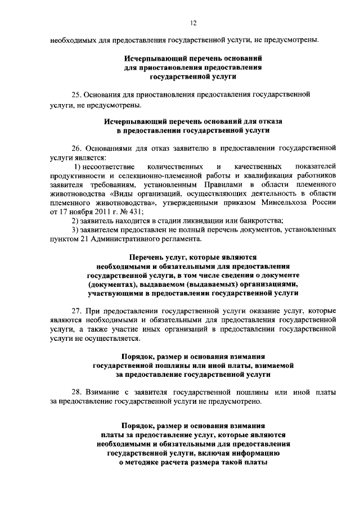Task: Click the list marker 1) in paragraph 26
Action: click(x=79, y=167)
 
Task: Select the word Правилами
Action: click(x=214, y=184)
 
